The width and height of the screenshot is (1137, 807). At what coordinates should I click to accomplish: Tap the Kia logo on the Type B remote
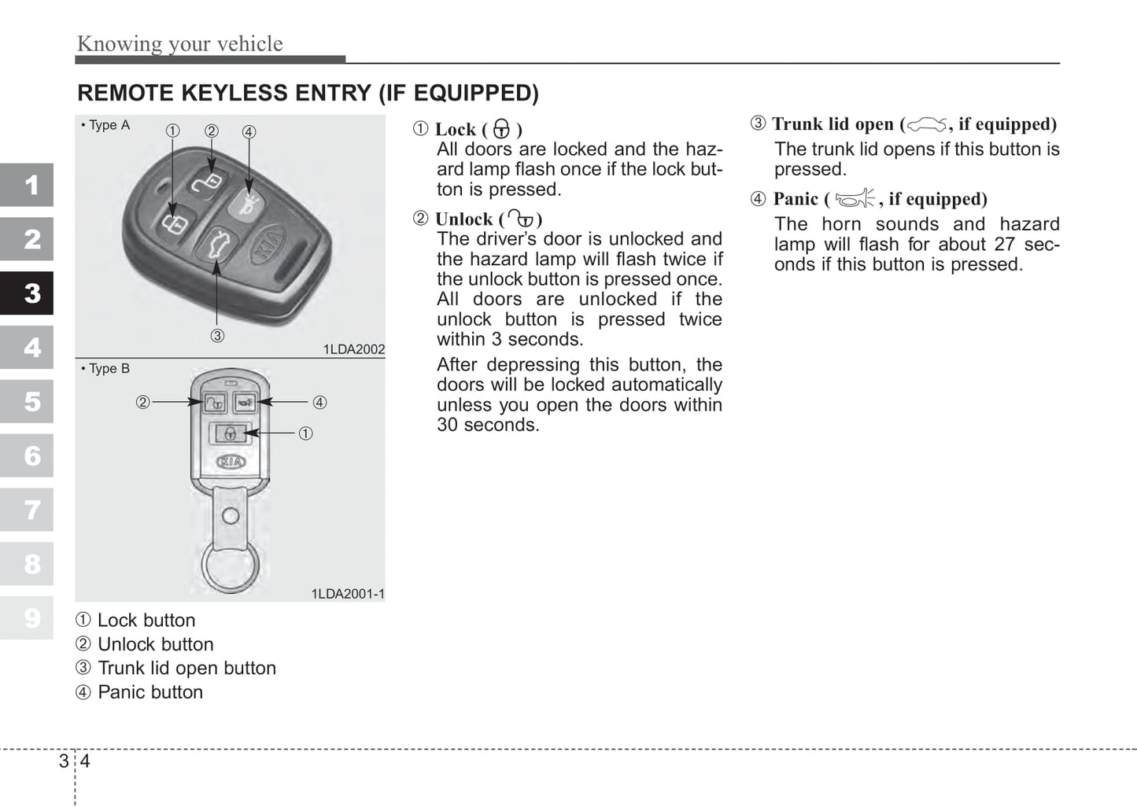[231, 462]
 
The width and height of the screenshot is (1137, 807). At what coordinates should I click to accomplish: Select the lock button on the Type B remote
[229, 433]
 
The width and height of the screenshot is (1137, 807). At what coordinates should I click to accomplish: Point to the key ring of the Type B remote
[230, 566]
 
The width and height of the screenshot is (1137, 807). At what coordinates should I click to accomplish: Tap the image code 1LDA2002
[354, 349]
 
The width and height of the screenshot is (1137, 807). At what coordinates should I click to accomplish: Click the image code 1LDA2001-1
[348, 594]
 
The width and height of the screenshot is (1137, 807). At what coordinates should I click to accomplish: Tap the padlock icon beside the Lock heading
[501, 130]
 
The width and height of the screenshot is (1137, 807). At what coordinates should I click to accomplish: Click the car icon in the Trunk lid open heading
[927, 124]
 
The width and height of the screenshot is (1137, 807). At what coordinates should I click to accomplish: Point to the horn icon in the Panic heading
[855, 199]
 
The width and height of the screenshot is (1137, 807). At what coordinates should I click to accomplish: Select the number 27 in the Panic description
[1004, 245]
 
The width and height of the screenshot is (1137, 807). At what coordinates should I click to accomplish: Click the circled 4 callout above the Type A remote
[249, 132]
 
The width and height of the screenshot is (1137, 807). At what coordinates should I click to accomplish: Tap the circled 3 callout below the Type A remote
[217, 336]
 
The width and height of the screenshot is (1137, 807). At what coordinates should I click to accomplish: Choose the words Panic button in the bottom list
[150, 692]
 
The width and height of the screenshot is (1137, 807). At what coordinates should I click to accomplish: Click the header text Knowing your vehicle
[179, 43]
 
